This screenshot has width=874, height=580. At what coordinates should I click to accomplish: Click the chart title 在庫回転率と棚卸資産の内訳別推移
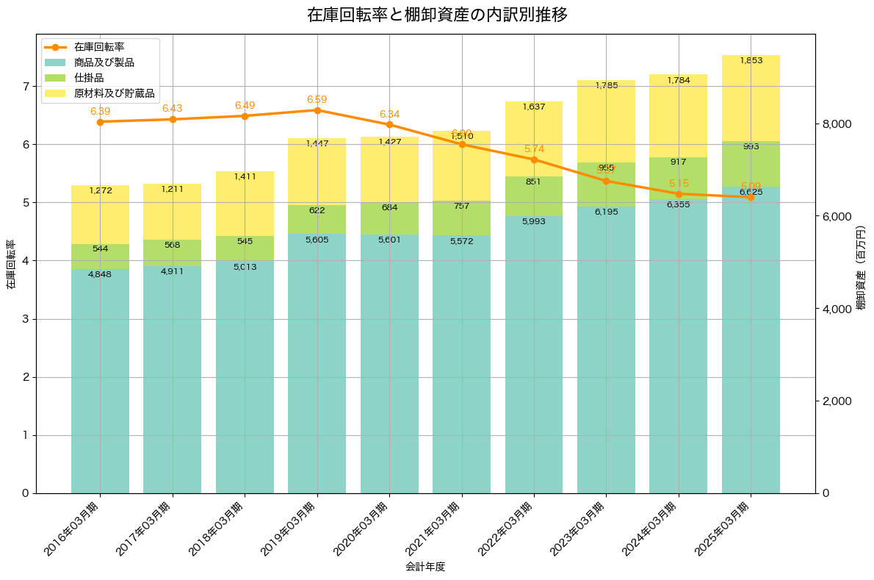(437, 15)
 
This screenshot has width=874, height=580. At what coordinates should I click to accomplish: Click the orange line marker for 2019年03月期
(317, 110)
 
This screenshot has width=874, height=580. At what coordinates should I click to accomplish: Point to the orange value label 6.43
(172, 108)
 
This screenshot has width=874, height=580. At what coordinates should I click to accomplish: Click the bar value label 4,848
(100, 274)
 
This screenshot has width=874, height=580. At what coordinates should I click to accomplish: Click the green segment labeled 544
(100, 257)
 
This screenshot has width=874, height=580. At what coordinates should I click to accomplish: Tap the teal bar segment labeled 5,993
(534, 353)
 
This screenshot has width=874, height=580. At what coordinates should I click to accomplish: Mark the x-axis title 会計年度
(426, 567)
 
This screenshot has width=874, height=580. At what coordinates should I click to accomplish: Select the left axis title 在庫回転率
(10, 265)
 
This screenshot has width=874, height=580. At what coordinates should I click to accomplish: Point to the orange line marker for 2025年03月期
(751, 197)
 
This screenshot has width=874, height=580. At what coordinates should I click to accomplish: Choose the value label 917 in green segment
(679, 162)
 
